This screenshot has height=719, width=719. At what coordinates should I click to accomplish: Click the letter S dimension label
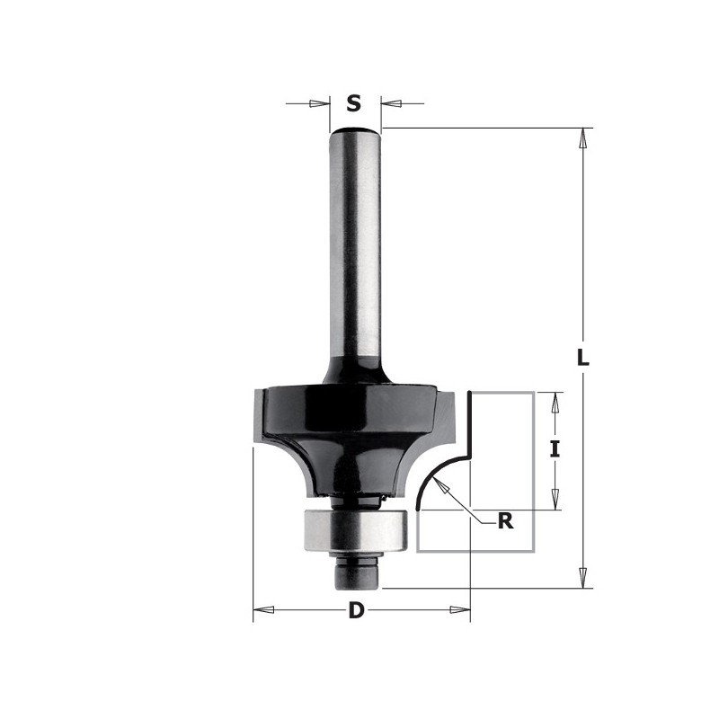point(354,104)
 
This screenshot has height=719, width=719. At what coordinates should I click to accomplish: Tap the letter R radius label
point(505,520)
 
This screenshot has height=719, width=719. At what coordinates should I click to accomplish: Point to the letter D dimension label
point(356,611)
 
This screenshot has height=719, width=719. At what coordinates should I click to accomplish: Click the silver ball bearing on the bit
point(357,530)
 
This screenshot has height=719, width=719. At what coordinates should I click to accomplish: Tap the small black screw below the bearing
point(356,573)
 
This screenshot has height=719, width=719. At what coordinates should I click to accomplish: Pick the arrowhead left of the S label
point(319,103)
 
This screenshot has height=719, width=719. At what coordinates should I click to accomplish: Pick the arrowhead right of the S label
point(391,103)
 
